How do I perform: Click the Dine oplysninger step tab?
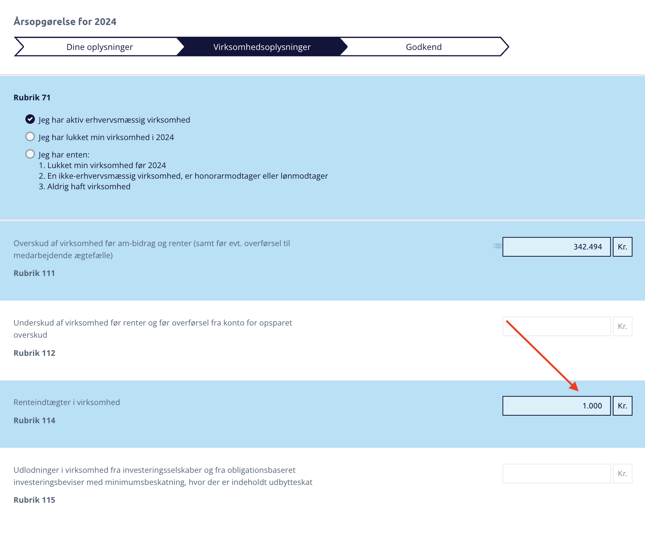click(x=99, y=47)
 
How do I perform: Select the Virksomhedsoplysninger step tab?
click(x=262, y=47)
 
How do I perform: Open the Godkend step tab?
click(x=424, y=47)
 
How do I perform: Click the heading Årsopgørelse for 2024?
click(x=65, y=22)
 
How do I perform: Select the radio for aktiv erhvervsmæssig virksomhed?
click(x=30, y=119)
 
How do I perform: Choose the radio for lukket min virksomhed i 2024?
click(x=30, y=136)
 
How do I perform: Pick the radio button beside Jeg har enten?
click(x=30, y=154)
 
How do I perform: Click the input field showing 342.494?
click(x=556, y=247)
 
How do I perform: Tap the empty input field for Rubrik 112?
click(x=556, y=326)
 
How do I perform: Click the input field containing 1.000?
click(x=556, y=406)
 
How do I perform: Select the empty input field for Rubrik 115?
click(x=556, y=474)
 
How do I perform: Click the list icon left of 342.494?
click(x=497, y=246)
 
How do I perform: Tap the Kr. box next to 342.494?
click(x=622, y=247)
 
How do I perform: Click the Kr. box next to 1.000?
click(x=622, y=406)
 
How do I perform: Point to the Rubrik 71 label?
click(x=32, y=97)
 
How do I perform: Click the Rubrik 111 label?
click(x=34, y=273)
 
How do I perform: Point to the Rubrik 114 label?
click(x=34, y=420)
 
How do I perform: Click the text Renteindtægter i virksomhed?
click(x=67, y=402)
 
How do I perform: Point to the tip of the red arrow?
click(x=578, y=391)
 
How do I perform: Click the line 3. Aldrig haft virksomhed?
click(x=85, y=186)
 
